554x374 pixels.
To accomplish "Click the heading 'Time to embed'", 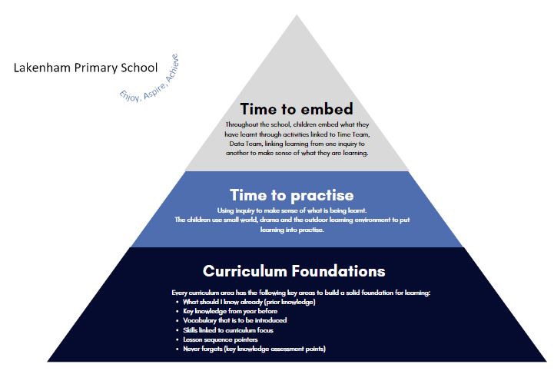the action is (x=297, y=109).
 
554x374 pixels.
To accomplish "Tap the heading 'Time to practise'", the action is (x=291, y=195).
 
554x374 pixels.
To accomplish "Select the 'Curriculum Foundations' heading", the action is (x=294, y=271).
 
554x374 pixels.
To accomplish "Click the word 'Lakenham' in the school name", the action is (x=42, y=68).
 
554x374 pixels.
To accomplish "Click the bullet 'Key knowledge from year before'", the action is (x=230, y=311).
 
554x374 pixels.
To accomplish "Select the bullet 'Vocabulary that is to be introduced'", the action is (x=234, y=320).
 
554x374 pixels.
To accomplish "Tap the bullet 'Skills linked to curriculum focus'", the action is (x=228, y=330).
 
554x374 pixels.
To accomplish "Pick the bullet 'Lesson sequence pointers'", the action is (x=220, y=339).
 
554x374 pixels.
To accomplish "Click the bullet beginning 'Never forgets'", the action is (x=254, y=349).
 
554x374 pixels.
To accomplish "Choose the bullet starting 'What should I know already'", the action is (x=249, y=302).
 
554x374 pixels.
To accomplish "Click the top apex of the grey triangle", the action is (x=297, y=15).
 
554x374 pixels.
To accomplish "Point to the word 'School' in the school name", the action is (x=139, y=68).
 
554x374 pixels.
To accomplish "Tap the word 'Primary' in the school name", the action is (x=96, y=68).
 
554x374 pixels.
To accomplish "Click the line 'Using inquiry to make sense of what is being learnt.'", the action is (x=292, y=210).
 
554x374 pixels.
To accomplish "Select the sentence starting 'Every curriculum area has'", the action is (x=300, y=293).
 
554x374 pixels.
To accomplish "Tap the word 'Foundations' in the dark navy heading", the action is (x=339, y=271).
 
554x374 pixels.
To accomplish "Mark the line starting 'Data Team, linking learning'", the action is (x=297, y=144).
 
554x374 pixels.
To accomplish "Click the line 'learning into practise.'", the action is (x=292, y=230).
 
